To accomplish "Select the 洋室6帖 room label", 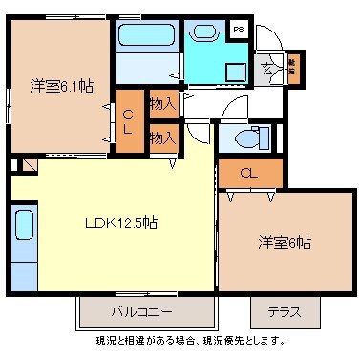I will click(284, 243).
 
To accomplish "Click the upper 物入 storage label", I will click(162, 102).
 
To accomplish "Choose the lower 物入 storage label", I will click(162, 138).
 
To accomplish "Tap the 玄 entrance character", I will click(265, 69).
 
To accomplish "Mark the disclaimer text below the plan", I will click(190, 340).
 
